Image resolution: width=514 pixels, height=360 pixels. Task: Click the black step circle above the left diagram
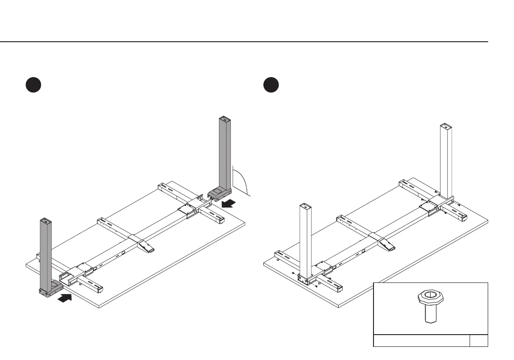[34, 85]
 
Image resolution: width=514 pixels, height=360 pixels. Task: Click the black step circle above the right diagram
[272, 85]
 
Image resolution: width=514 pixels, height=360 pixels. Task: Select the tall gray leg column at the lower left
[46, 254]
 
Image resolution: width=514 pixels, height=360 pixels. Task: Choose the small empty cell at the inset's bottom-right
[479, 341]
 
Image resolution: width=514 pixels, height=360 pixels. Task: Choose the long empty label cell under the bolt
[421, 341]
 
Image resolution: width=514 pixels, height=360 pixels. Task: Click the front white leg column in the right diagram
[305, 240]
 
